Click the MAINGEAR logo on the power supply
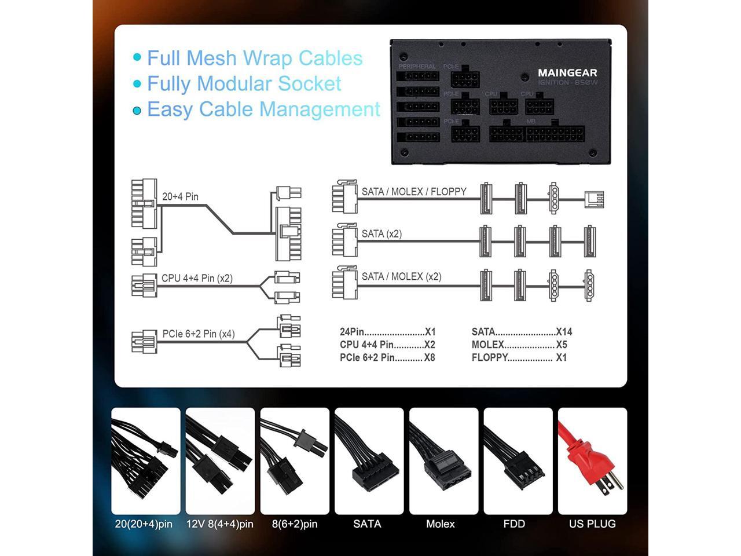[x=567, y=73]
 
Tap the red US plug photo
[x=592, y=460]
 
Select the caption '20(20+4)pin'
[x=144, y=524]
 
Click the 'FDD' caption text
[x=514, y=524]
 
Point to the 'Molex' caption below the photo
[x=441, y=524]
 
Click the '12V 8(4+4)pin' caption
[x=219, y=524]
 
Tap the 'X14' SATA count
[x=564, y=332]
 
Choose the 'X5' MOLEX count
[x=562, y=345]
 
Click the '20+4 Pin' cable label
[x=180, y=197]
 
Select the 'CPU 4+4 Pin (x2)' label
[x=197, y=278]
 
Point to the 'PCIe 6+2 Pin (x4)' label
[x=199, y=334]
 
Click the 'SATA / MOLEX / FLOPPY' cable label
[x=414, y=192]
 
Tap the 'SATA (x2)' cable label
[x=381, y=234]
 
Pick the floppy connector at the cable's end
[x=595, y=199]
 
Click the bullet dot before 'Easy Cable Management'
[x=137, y=110]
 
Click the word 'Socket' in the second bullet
[x=309, y=84]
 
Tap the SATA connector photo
[x=369, y=460]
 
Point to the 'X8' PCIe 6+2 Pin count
[x=429, y=357]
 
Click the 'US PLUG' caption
[x=592, y=524]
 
